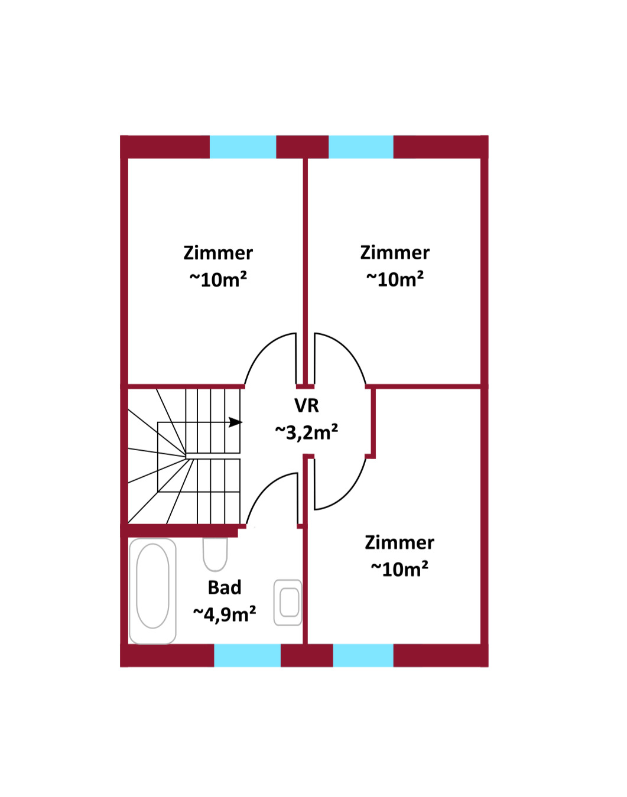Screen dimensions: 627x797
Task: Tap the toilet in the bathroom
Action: pyautogui.click(x=215, y=554)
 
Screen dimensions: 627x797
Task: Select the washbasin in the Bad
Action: pyautogui.click(x=288, y=603)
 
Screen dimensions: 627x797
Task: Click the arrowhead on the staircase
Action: pyautogui.click(x=235, y=422)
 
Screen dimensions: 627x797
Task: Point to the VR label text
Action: pyautogui.click(x=307, y=405)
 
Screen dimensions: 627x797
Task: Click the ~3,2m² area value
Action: pyautogui.click(x=307, y=432)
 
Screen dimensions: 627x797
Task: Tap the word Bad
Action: pyautogui.click(x=225, y=587)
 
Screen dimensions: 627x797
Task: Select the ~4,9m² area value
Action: pyautogui.click(x=225, y=614)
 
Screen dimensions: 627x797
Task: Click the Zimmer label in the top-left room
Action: pyautogui.click(x=218, y=253)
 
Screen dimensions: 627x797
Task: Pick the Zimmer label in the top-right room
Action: pyautogui.click(x=395, y=253)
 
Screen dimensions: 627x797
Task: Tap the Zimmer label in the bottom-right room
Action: pyautogui.click(x=399, y=542)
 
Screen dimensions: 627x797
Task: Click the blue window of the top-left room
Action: pyautogui.click(x=243, y=147)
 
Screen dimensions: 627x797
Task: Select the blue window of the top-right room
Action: pyautogui.click(x=361, y=147)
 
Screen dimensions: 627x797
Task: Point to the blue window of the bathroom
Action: pyautogui.click(x=247, y=656)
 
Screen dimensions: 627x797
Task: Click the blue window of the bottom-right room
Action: pyautogui.click(x=363, y=656)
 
